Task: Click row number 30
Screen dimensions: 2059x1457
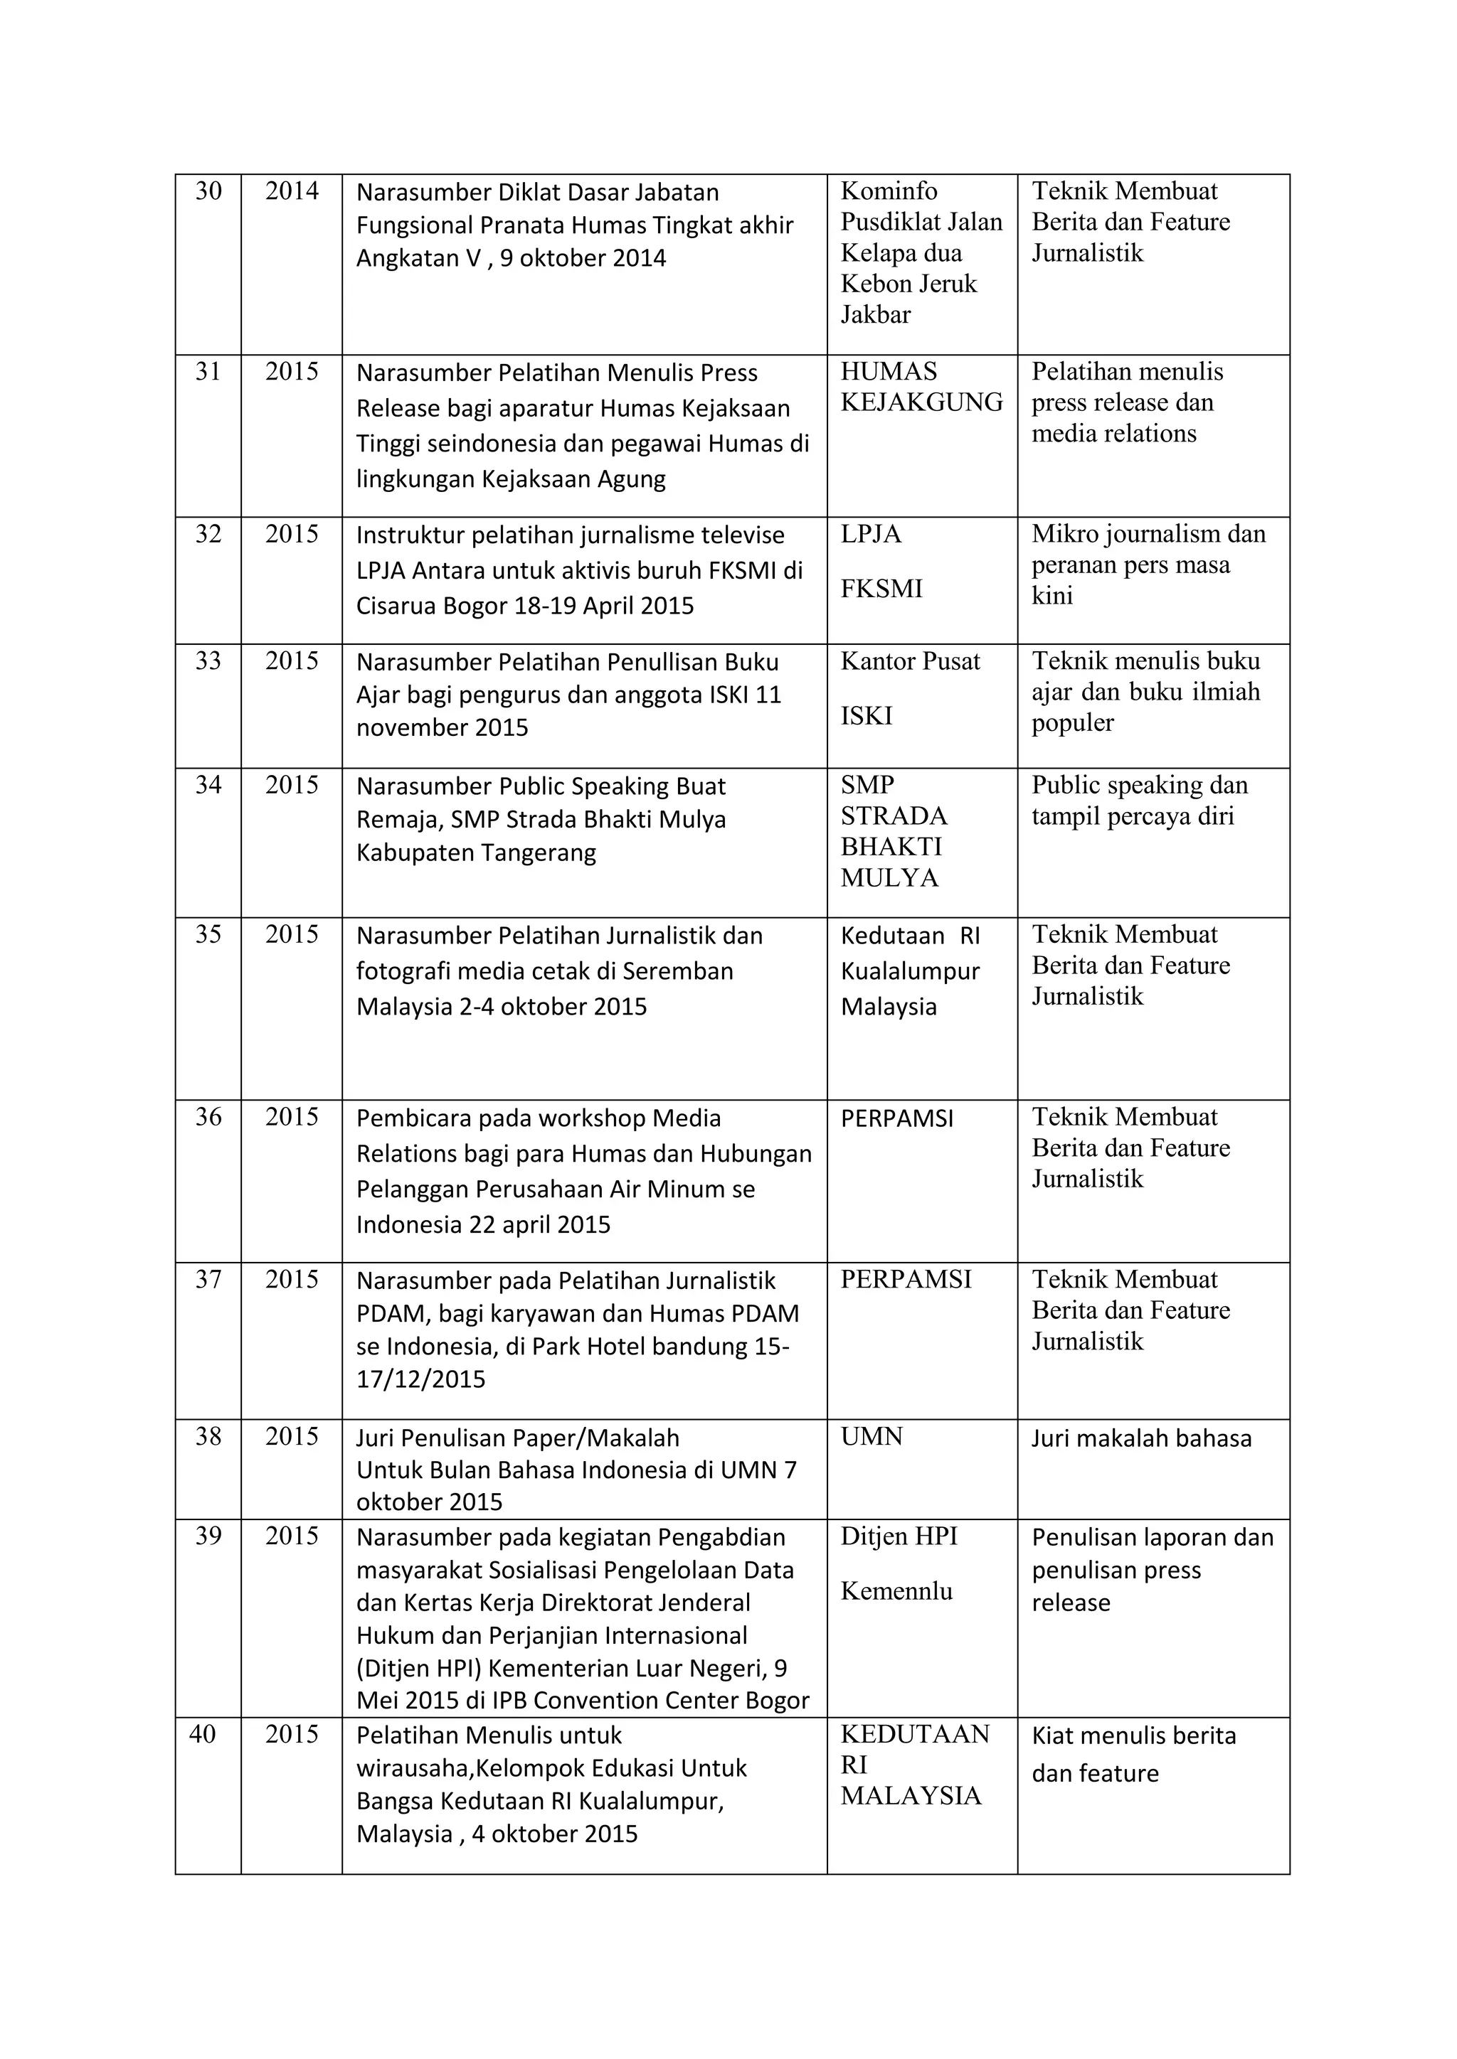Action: [x=208, y=191]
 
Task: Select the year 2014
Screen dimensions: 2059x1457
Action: [x=292, y=191]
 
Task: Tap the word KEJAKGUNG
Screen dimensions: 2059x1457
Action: [x=921, y=402]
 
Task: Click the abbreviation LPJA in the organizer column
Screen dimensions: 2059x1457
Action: [x=870, y=535]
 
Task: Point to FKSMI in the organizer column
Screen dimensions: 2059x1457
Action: [x=881, y=589]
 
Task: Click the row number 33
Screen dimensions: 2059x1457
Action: [x=208, y=661]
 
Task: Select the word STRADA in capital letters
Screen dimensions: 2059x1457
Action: [x=894, y=816]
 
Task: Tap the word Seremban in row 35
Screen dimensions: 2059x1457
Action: [x=677, y=971]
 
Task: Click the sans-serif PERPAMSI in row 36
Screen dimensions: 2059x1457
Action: [x=896, y=1118]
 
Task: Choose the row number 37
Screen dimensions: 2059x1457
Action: [x=208, y=1280]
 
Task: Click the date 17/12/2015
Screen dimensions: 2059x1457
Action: [x=420, y=1379]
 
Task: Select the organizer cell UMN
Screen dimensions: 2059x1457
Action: [x=871, y=1437]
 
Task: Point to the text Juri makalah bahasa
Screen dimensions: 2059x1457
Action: [x=1140, y=1438]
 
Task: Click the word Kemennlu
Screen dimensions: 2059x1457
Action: [x=896, y=1591]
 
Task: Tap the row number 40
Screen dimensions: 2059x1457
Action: [x=203, y=1734]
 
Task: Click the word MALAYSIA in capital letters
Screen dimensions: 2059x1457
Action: [x=911, y=1795]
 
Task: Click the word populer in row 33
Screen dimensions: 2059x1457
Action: [x=1072, y=723]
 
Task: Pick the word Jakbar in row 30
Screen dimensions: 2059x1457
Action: [x=875, y=315]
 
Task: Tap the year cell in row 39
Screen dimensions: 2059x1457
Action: [x=292, y=1536]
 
